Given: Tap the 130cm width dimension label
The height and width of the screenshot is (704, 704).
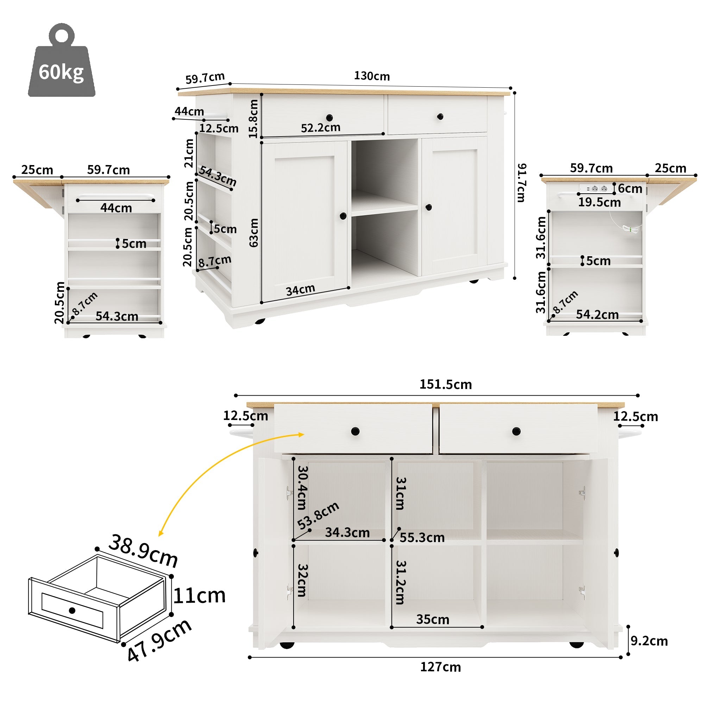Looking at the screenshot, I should (x=372, y=76).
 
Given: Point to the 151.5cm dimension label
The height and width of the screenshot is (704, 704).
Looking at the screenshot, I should (x=445, y=384).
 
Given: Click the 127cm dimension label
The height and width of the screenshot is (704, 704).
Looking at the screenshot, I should (x=440, y=667).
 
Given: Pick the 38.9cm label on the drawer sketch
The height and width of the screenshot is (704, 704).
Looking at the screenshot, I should (x=143, y=550).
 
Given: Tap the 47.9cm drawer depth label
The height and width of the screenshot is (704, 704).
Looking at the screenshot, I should (x=159, y=641).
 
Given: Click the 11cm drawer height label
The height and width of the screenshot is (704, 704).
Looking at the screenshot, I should (x=199, y=596).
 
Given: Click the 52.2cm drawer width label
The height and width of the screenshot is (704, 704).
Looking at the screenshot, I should (x=320, y=127).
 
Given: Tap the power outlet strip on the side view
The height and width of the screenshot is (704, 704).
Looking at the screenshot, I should (x=596, y=188).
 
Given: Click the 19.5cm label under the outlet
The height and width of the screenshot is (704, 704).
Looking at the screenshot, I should (x=599, y=202).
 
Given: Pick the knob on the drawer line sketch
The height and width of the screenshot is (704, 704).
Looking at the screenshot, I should (x=72, y=610).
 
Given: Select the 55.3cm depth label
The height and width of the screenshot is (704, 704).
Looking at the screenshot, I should (x=422, y=538).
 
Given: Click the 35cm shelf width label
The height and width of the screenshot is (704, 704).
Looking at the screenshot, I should (x=433, y=620).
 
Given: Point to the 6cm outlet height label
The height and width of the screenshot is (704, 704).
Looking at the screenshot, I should (x=630, y=189).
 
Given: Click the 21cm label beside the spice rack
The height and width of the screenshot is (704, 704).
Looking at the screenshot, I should (x=189, y=153).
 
